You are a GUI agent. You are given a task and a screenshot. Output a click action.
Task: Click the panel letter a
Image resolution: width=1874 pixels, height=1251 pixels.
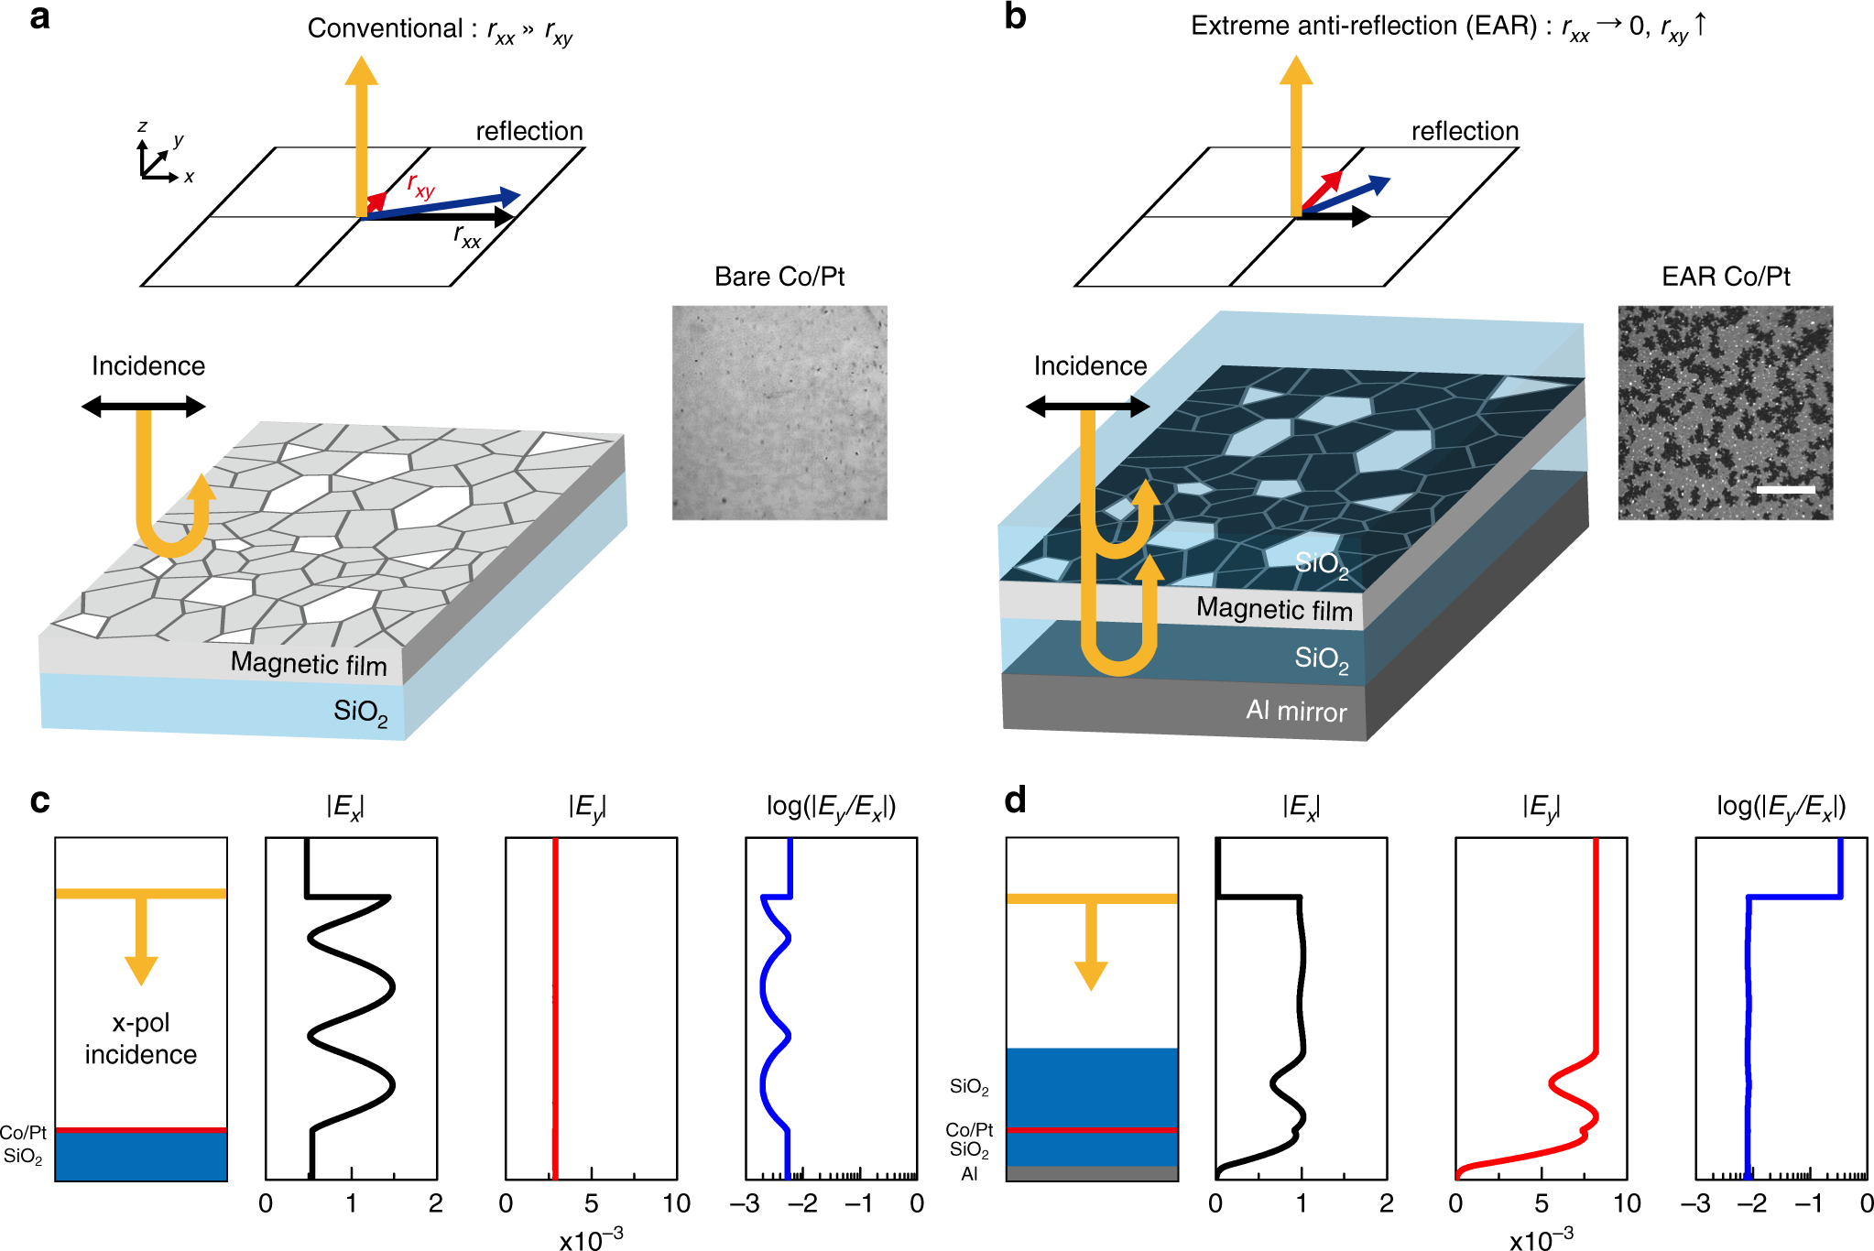point(39,18)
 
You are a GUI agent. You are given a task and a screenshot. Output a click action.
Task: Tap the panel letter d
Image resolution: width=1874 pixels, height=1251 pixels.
point(1015,800)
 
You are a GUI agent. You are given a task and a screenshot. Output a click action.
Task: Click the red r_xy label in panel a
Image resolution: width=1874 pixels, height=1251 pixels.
point(420,186)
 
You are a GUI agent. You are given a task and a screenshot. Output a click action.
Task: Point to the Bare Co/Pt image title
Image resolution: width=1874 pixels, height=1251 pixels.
point(779,277)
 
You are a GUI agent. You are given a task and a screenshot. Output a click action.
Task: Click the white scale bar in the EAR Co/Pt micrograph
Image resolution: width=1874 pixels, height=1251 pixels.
point(1785,490)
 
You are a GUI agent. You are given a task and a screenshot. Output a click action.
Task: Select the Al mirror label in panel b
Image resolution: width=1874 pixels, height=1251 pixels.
point(1296,711)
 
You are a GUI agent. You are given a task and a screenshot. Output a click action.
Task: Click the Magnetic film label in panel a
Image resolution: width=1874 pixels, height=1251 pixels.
point(309,663)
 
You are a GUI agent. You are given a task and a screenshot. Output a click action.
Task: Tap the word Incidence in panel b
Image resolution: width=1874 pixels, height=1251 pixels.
point(1090,366)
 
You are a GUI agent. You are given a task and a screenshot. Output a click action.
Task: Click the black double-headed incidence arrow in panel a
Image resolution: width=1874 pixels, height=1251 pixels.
point(144,407)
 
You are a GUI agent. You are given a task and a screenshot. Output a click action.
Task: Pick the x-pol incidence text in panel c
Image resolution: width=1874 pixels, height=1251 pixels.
point(141,1039)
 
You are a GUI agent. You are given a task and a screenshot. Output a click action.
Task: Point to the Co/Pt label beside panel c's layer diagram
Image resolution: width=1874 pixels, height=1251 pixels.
point(23,1133)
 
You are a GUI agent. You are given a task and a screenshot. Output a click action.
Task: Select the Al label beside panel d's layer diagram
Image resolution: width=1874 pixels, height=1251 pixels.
point(969,1174)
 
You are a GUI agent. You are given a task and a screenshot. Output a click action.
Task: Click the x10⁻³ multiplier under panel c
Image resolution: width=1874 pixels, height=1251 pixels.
point(592,1240)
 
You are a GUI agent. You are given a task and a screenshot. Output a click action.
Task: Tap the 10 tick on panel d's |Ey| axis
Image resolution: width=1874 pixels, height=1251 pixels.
point(1627,1203)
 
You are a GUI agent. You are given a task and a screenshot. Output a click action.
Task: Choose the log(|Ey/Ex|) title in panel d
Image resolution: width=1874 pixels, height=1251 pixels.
point(1781,806)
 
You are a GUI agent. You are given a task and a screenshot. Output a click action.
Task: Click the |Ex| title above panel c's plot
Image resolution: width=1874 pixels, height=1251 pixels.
point(345,807)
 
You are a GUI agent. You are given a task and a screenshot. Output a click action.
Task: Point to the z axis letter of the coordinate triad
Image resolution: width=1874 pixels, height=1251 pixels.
point(142,127)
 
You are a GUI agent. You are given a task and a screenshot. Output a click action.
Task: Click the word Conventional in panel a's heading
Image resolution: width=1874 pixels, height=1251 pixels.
point(385,29)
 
